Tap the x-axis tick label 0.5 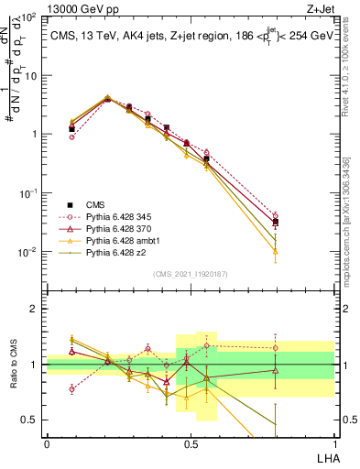(x=190, y=443)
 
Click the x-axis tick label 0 (x=47, y=443)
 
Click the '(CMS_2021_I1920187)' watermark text (x=191, y=273)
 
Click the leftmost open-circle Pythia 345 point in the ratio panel (x=72, y=389)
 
